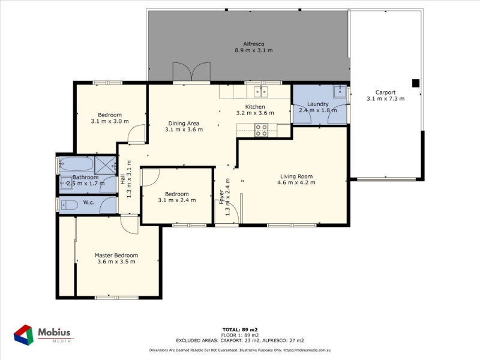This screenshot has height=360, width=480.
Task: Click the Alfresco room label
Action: (254, 44)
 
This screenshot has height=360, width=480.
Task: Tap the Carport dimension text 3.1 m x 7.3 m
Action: (385, 98)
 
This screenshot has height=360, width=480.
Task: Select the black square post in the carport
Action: (415, 83)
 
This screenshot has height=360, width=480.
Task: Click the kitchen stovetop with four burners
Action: (262, 130)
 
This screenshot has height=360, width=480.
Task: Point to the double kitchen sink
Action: (261, 91)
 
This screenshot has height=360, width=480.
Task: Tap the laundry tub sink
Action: (340, 91)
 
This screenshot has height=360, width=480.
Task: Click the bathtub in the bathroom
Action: (76, 164)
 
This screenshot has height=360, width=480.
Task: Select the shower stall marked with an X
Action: (105, 165)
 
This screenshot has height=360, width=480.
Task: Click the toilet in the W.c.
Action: (70, 205)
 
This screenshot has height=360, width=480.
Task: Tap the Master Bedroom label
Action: (116, 256)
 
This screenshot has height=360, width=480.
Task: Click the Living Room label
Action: (296, 176)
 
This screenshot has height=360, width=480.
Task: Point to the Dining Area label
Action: (184, 124)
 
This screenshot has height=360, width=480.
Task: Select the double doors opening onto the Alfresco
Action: (191, 72)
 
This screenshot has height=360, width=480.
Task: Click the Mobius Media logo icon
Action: (23, 335)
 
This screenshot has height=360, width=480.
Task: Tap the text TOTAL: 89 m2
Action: (240, 329)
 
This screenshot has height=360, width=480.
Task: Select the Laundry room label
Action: (318, 104)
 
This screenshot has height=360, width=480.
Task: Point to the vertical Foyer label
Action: (221, 197)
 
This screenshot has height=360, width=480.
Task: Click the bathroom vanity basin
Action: (65, 184)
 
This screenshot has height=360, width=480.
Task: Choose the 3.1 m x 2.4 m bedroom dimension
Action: (177, 200)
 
